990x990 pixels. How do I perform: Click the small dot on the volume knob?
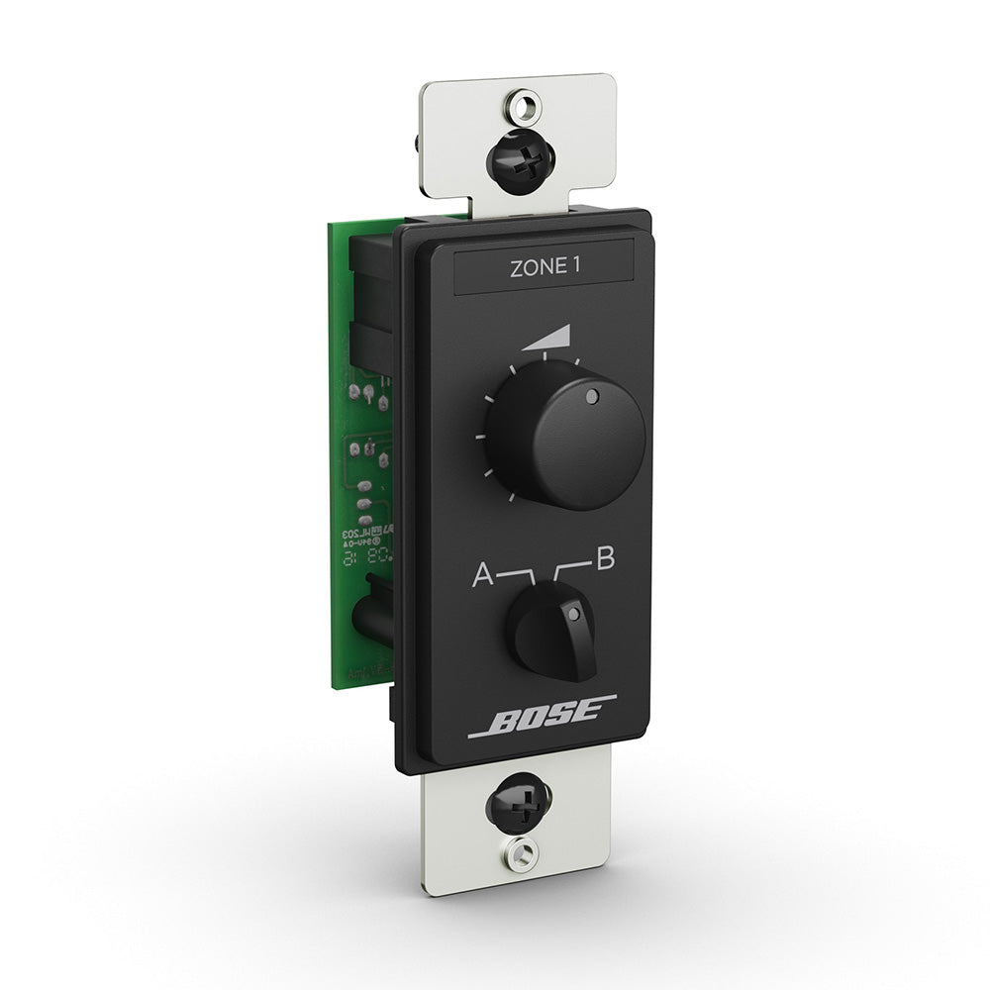point(592,398)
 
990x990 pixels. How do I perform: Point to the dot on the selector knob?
point(573,614)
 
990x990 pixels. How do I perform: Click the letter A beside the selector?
point(482,574)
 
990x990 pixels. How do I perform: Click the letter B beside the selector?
point(604,558)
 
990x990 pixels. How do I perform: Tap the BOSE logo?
point(543,718)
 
